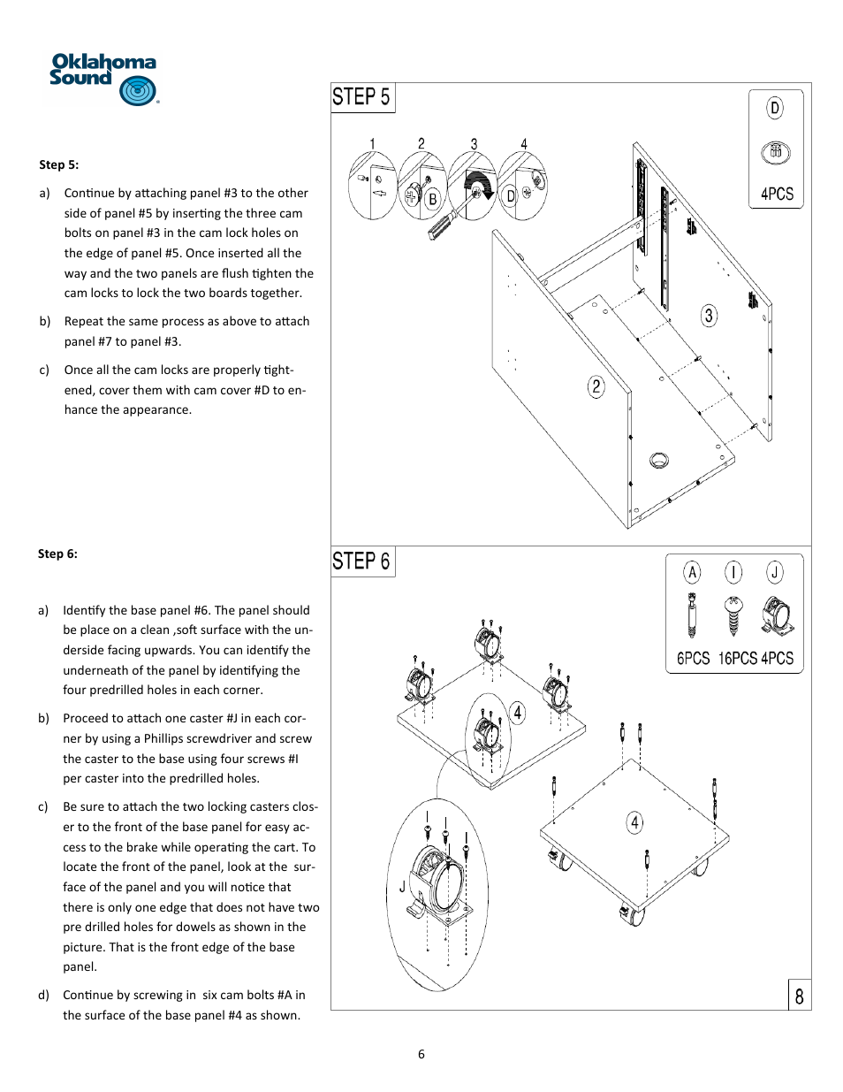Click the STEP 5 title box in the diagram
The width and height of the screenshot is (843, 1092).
click(x=362, y=97)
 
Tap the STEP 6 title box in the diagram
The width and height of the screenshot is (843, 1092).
click(x=362, y=561)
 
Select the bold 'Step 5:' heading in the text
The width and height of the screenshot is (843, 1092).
click(x=58, y=164)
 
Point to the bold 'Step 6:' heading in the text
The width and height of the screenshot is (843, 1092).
click(x=57, y=554)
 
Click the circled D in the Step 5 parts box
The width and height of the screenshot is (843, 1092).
click(x=775, y=108)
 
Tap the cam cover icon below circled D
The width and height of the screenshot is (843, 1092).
click(x=775, y=152)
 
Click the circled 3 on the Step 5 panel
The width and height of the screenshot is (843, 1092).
click(x=709, y=316)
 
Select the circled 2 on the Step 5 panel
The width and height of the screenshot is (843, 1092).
click(x=596, y=386)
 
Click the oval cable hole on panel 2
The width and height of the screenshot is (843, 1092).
click(x=659, y=459)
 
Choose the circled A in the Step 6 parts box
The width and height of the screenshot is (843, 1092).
click(x=692, y=572)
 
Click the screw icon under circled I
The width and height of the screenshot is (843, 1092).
click(x=733, y=615)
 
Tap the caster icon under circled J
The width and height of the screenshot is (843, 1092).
click(x=777, y=616)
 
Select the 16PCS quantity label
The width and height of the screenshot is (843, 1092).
click(x=737, y=659)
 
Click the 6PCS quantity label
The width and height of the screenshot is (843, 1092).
click(x=693, y=659)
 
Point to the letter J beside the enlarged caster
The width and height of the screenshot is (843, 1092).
click(x=402, y=886)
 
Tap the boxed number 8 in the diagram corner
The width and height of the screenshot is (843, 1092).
click(x=799, y=996)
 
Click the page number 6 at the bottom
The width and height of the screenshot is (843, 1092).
click(x=421, y=1054)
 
